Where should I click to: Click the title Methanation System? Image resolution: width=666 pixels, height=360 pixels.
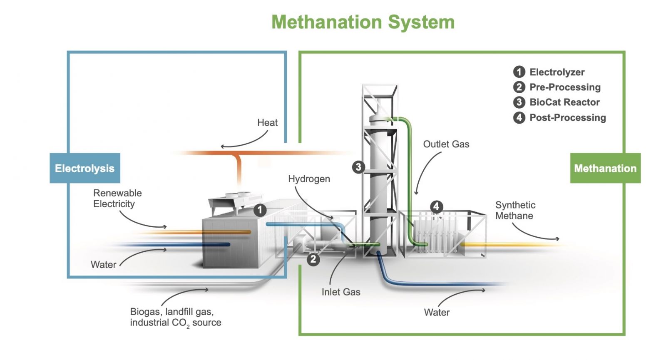[363, 22]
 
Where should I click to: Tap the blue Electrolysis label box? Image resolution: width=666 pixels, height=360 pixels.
[85, 168]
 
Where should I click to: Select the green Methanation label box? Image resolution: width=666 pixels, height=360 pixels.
[605, 168]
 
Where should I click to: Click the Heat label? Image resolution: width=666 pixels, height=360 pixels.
[267, 123]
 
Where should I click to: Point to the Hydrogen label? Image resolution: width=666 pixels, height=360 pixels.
[309, 179]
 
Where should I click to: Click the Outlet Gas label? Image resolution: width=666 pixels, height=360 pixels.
[446, 144]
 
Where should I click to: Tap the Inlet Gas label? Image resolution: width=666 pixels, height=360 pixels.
[340, 292]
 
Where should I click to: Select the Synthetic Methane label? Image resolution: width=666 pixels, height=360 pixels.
[515, 210]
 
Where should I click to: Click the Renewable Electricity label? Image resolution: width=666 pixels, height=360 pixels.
[117, 199]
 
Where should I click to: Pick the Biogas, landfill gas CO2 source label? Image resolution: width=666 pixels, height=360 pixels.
[175, 317]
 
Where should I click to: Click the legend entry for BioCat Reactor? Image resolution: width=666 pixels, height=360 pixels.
[564, 102]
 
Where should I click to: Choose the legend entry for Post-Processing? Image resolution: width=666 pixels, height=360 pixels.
[567, 118]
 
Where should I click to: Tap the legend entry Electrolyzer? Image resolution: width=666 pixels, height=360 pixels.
[557, 72]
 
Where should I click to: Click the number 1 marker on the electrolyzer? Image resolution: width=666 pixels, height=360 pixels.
[260, 210]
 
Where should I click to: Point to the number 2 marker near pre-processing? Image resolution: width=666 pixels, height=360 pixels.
[313, 260]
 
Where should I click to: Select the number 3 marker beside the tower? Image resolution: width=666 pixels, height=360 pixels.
[358, 167]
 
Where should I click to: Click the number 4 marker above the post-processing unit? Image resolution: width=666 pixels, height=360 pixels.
[436, 206]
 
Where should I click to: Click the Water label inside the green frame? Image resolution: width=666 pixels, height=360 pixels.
[437, 313]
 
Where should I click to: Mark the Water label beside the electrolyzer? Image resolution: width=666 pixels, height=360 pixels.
[103, 265]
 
